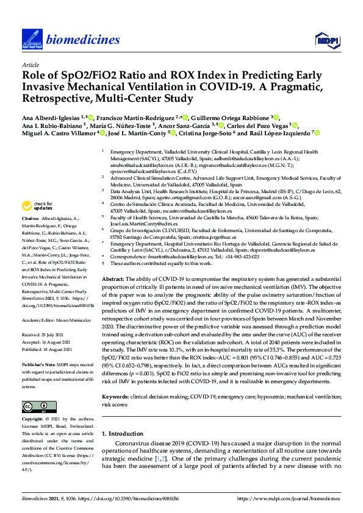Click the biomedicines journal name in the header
[82, 41]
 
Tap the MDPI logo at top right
[326, 41]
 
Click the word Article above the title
[30, 64]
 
